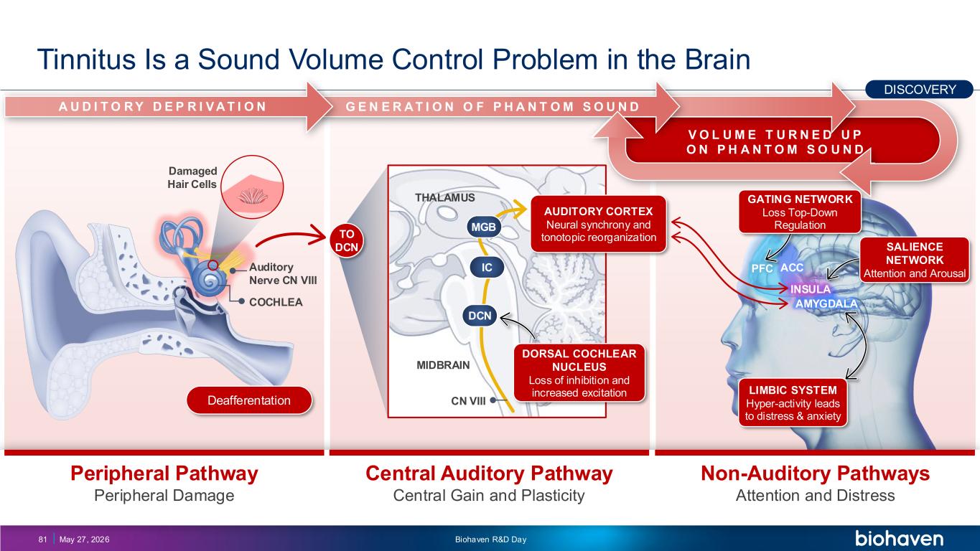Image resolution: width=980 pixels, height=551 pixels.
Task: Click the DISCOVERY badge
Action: coord(919,90)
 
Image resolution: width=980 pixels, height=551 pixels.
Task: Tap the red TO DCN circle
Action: coord(347,240)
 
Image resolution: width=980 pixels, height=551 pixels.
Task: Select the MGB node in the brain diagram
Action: coord(483,227)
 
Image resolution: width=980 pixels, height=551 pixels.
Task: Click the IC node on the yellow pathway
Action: coord(487,267)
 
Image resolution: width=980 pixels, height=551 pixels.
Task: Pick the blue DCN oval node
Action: coord(480,316)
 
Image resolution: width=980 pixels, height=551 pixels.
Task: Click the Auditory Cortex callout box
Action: coord(599,225)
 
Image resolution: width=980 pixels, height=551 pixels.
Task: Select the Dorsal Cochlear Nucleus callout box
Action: coord(579,373)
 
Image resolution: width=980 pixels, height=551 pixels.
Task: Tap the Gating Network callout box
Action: coord(800,212)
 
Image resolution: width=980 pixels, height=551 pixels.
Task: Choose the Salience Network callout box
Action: coord(915,260)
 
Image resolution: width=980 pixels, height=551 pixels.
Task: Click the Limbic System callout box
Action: coord(793,402)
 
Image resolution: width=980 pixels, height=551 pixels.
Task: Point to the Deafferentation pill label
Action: coord(249,400)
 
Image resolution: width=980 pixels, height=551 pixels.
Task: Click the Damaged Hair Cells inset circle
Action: coord(252,187)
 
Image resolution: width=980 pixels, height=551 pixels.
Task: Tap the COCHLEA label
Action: coord(276,302)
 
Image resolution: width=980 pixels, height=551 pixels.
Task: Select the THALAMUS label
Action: coord(445,198)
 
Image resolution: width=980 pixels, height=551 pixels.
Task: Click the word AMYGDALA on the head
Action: coord(826,303)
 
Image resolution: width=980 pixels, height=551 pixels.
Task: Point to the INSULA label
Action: coord(811,289)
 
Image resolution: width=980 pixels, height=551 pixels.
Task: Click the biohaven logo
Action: coord(899,538)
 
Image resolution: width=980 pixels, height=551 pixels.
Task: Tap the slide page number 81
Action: coord(42,540)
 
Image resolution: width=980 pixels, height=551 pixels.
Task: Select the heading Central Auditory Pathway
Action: coord(489,474)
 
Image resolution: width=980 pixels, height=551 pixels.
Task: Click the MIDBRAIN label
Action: coord(443,365)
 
